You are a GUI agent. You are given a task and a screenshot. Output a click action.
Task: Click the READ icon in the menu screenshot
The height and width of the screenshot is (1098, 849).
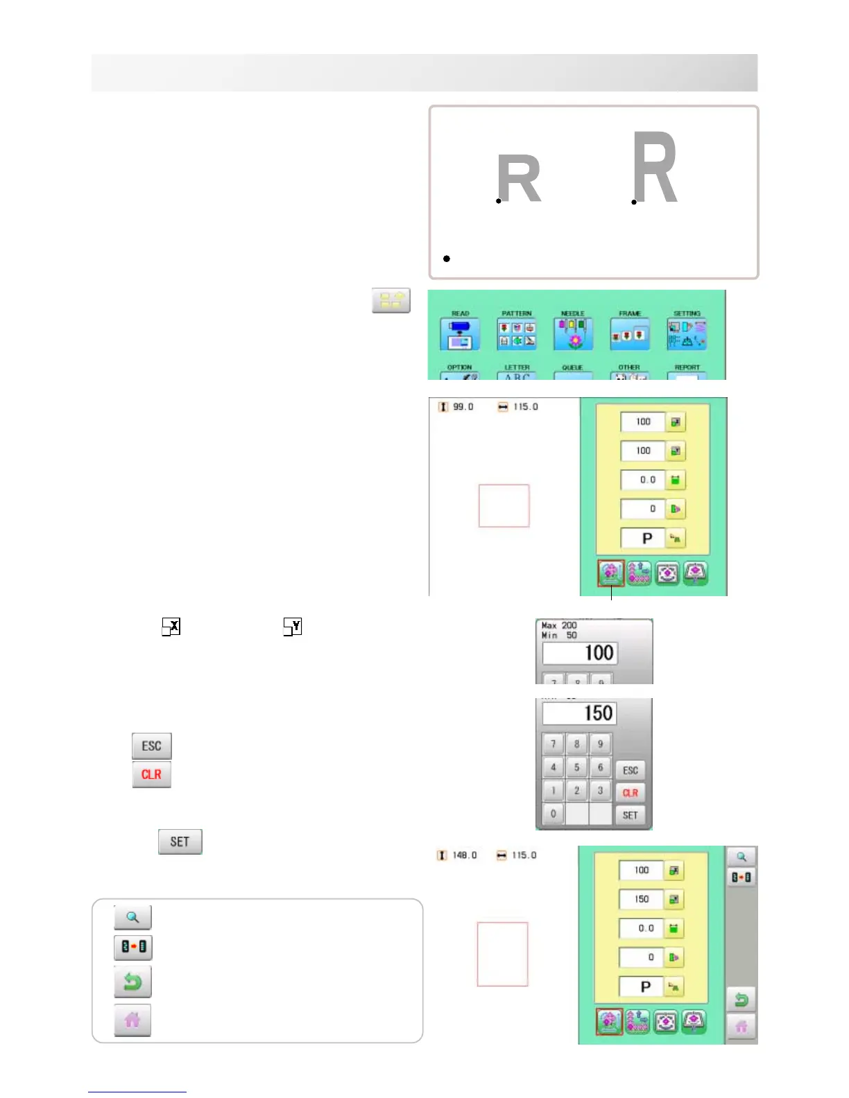click(459, 333)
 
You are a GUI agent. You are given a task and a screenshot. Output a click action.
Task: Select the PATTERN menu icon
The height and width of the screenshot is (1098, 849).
click(516, 333)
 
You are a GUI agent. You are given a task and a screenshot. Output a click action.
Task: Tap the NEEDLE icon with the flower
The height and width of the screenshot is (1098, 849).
click(572, 333)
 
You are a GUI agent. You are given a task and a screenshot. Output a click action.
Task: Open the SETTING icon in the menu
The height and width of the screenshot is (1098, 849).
click(686, 333)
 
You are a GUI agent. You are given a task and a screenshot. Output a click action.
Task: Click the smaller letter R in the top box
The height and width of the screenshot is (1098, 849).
click(519, 178)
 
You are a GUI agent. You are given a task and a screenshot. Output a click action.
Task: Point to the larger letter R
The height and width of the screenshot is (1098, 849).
click(655, 168)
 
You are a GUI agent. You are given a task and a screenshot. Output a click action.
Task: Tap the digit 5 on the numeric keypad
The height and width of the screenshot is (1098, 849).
click(576, 767)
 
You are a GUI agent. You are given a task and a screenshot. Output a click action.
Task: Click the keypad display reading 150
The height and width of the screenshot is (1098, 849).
click(579, 713)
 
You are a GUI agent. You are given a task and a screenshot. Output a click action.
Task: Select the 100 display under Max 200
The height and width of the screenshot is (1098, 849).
click(579, 653)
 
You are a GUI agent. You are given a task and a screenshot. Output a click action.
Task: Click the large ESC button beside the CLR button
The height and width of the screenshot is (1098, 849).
click(151, 746)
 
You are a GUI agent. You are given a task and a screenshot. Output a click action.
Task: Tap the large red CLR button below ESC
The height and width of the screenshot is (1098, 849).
click(151, 774)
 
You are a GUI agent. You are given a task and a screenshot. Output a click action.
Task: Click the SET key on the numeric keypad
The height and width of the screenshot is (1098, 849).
click(630, 815)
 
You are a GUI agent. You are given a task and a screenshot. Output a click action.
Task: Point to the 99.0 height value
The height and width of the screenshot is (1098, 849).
click(463, 407)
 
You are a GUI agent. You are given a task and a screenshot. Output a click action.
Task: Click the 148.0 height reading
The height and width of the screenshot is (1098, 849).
click(464, 855)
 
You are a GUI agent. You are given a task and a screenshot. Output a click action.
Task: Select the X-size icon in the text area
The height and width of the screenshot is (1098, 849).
click(171, 627)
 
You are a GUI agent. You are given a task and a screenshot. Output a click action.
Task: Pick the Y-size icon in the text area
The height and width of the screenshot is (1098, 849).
click(292, 627)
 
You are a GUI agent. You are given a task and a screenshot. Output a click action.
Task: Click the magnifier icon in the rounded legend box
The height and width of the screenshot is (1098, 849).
click(132, 917)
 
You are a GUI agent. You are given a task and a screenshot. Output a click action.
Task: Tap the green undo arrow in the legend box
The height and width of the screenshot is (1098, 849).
click(132, 982)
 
